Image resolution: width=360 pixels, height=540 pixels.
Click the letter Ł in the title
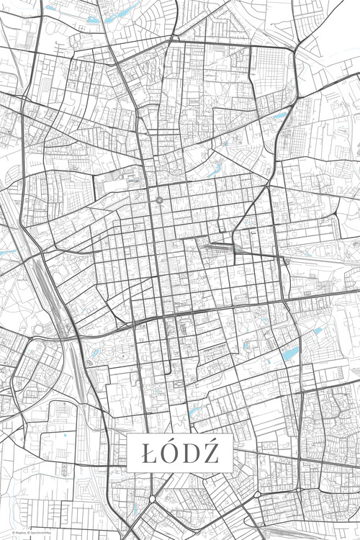(x=149, y=454)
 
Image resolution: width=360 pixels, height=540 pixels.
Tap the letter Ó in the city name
(x=170, y=453)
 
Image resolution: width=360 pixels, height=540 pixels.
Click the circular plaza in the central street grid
(x=158, y=200)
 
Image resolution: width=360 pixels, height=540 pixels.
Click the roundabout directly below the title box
(x=153, y=499)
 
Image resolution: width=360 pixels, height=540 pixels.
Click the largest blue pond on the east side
(x=290, y=354)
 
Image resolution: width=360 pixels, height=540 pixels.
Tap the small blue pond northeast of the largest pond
(x=318, y=330)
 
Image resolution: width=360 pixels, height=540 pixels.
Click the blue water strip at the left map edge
(x=6, y=253)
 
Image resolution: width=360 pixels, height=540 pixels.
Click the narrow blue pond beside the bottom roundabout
(x=135, y=512)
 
